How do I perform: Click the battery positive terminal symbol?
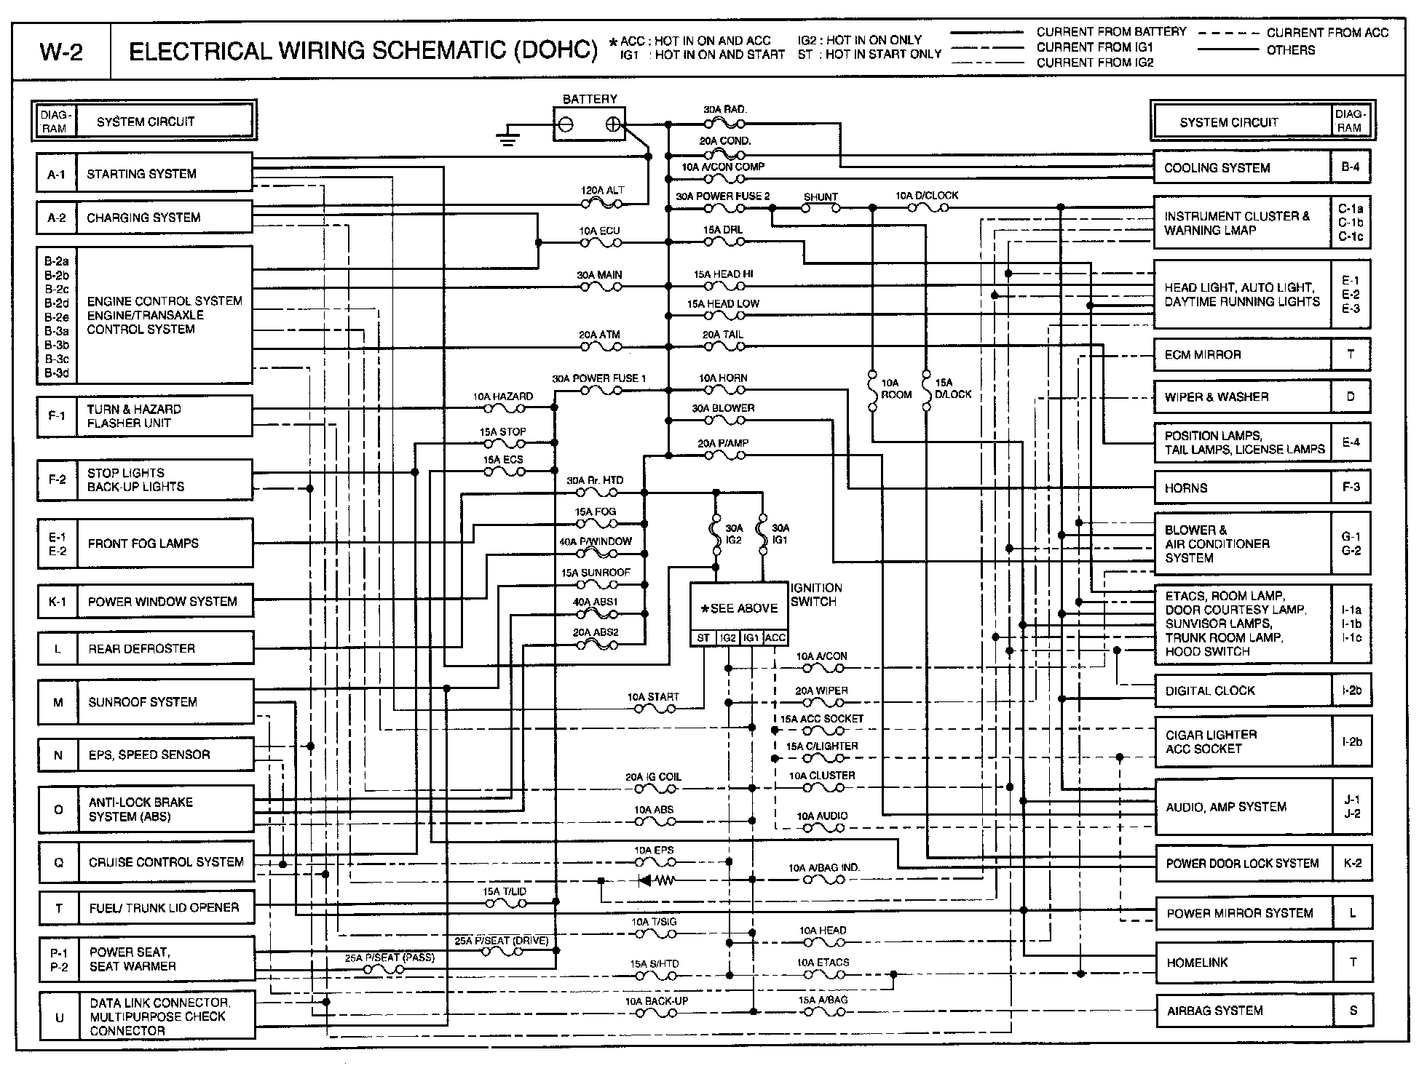pyautogui.click(x=614, y=124)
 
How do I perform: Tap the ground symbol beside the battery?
pyautogui.click(x=507, y=136)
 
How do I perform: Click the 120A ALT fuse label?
pyautogui.click(x=602, y=190)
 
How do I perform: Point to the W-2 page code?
pyautogui.click(x=61, y=52)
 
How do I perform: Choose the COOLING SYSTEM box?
pyautogui.click(x=1242, y=167)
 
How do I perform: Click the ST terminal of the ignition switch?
pyautogui.click(x=703, y=638)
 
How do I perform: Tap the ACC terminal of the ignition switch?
pyautogui.click(x=775, y=638)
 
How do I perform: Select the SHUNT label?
pyautogui.click(x=821, y=197)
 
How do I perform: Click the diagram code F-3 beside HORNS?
pyautogui.click(x=1351, y=487)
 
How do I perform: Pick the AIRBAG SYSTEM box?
pyautogui.click(x=1244, y=1011)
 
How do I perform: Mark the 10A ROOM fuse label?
pyautogui.click(x=896, y=389)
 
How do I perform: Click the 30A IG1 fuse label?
pyautogui.click(x=780, y=534)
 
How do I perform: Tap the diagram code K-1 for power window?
pyautogui.click(x=57, y=602)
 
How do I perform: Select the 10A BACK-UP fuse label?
pyautogui.click(x=656, y=1001)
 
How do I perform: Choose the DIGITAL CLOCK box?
pyautogui.click(x=1244, y=690)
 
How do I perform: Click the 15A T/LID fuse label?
pyautogui.click(x=504, y=891)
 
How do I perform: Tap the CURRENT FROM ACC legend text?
pyautogui.click(x=1327, y=33)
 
